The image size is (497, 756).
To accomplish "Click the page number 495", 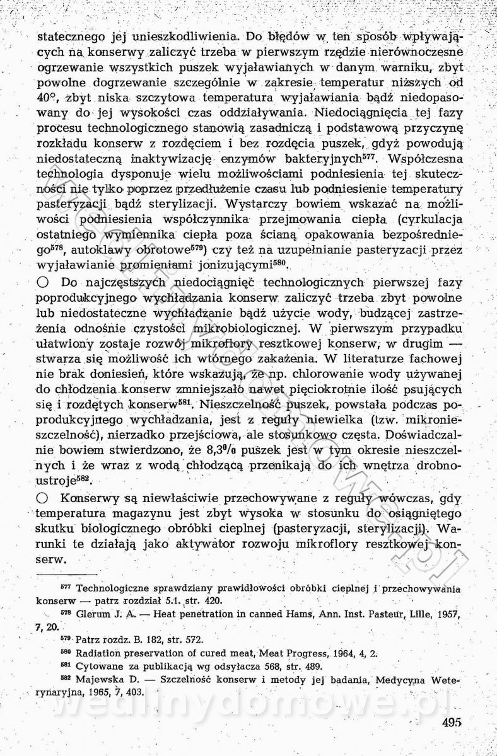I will (453, 723).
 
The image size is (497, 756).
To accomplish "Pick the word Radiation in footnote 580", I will (98, 652).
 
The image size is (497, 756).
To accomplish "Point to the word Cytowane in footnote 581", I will (96, 665).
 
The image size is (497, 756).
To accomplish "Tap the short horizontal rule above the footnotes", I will (67, 575).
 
